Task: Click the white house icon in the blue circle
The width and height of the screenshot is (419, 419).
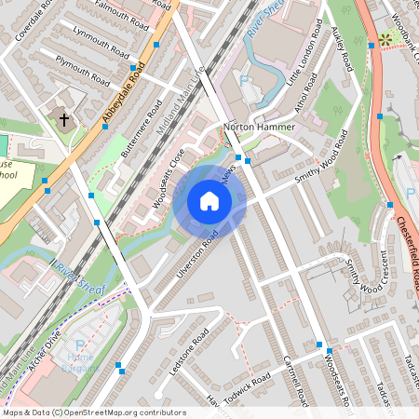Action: tap(209, 201)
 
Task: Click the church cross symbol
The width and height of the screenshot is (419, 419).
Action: tap(65, 120)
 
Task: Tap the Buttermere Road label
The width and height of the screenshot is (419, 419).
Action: tap(142, 123)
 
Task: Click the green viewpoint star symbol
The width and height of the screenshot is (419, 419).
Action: tap(385, 41)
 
